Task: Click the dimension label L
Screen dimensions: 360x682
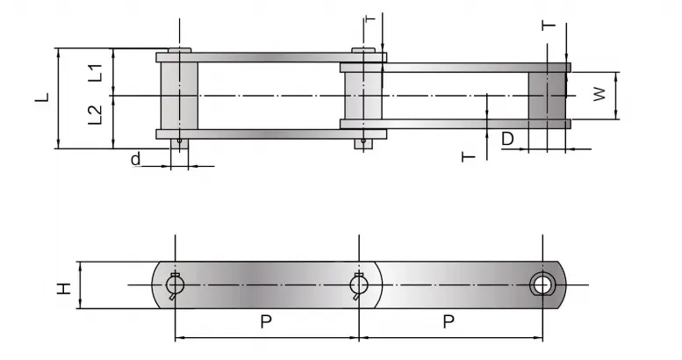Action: tap(41, 99)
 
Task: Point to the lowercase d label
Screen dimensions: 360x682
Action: tap(134, 159)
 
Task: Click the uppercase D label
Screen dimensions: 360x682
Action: tap(507, 139)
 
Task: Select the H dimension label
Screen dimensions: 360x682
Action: tap(64, 285)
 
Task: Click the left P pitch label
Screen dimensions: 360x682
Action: tap(265, 321)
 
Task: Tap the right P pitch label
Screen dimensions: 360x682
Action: tap(448, 321)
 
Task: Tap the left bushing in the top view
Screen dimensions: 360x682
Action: tap(178, 95)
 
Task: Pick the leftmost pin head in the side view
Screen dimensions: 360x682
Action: tap(175, 284)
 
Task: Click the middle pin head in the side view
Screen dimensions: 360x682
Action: tap(357, 284)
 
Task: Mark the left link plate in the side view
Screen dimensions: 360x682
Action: tap(263, 284)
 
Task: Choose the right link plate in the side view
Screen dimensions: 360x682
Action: tap(456, 284)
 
